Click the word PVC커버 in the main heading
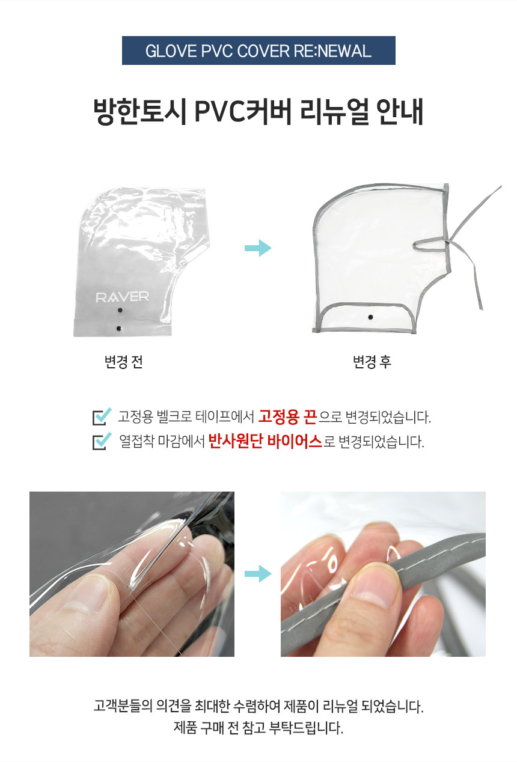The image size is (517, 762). point(243,111)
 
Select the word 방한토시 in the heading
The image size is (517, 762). point(140,111)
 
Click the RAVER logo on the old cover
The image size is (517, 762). point(123,297)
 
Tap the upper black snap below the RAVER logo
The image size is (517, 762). point(120,310)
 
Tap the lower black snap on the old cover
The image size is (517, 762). point(118,328)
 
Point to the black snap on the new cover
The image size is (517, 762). point(371,317)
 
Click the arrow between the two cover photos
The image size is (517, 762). point(258,248)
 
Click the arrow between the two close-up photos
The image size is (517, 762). point(258,573)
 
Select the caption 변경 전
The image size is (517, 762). point(124,362)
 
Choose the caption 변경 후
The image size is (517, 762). point(372,362)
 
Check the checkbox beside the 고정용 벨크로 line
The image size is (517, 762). point(102,416)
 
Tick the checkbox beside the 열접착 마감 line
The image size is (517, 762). point(102,441)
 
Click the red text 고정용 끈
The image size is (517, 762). point(287,416)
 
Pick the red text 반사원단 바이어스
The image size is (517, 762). point(265,441)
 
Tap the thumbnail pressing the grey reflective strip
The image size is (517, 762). point(373,584)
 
